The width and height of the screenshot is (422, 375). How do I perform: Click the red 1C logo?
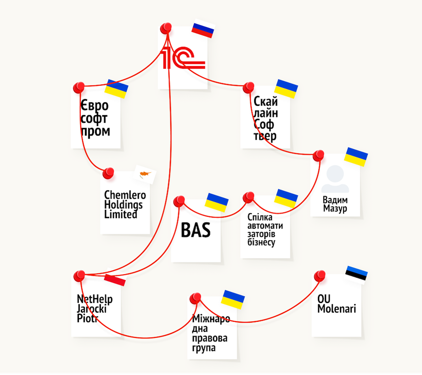click(182, 57)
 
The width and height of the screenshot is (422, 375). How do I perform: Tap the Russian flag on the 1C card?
click(203, 28)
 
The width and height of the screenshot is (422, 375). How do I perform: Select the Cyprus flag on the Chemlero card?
click(145, 174)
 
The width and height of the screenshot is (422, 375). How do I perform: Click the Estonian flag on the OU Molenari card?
click(356, 274)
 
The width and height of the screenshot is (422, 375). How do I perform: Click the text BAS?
click(196, 230)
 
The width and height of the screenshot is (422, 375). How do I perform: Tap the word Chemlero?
click(125, 195)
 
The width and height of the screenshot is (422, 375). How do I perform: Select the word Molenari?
click(337, 308)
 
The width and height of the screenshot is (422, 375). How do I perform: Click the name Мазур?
click(335, 208)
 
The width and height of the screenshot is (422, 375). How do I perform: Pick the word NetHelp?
click(95, 299)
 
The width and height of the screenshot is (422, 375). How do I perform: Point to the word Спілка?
click(260, 217)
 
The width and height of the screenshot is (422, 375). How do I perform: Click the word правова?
click(210, 338)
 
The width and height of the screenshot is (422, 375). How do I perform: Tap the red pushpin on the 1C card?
click(166, 28)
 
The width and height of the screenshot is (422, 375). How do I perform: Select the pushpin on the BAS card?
click(179, 201)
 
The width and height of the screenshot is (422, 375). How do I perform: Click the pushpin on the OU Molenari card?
click(320, 276)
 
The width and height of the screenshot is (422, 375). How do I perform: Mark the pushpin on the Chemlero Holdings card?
click(108, 173)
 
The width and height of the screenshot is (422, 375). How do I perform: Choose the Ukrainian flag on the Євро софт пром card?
click(116, 89)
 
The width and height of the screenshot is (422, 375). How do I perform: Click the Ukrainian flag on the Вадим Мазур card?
click(356, 157)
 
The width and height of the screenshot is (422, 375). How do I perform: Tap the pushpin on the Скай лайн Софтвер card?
click(248, 88)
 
